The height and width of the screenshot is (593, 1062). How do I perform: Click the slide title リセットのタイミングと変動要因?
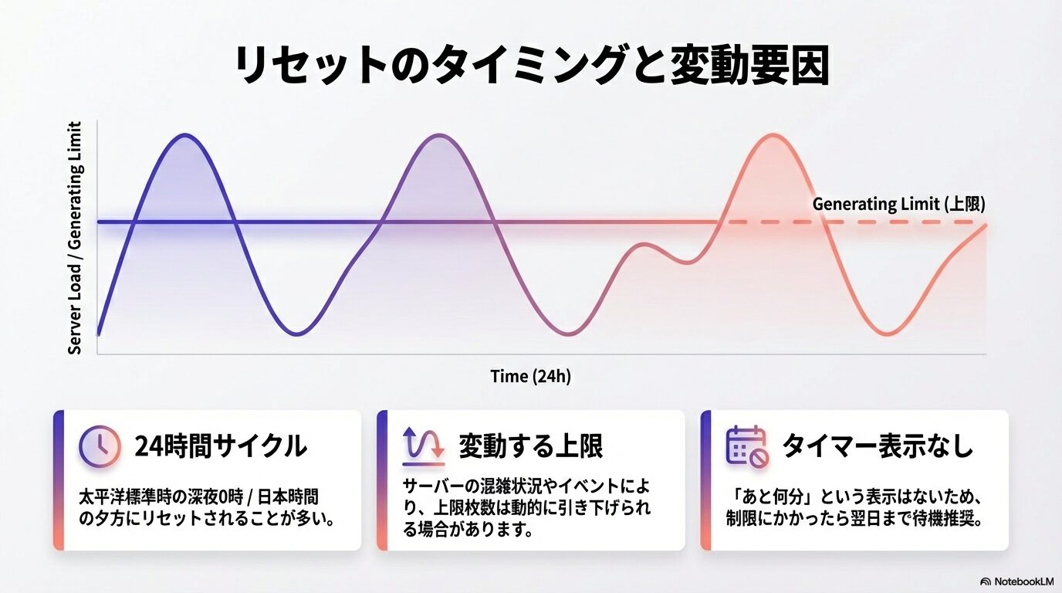[x=531, y=66]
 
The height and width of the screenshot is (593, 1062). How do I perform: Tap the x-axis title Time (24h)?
[x=531, y=377]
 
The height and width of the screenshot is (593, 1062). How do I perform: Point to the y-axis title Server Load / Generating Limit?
[x=75, y=238]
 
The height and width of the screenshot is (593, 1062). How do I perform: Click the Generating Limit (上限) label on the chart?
[x=898, y=205]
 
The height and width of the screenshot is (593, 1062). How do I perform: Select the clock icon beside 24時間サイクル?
[x=100, y=446]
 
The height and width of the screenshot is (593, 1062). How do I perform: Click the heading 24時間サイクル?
[x=220, y=446]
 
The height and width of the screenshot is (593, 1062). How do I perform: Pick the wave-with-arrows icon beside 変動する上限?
[x=424, y=446]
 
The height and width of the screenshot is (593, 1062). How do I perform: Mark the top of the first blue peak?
[x=184, y=135]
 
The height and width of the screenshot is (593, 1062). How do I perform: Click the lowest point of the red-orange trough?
[x=888, y=334]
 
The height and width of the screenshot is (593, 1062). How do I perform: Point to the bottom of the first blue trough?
[x=298, y=334]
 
